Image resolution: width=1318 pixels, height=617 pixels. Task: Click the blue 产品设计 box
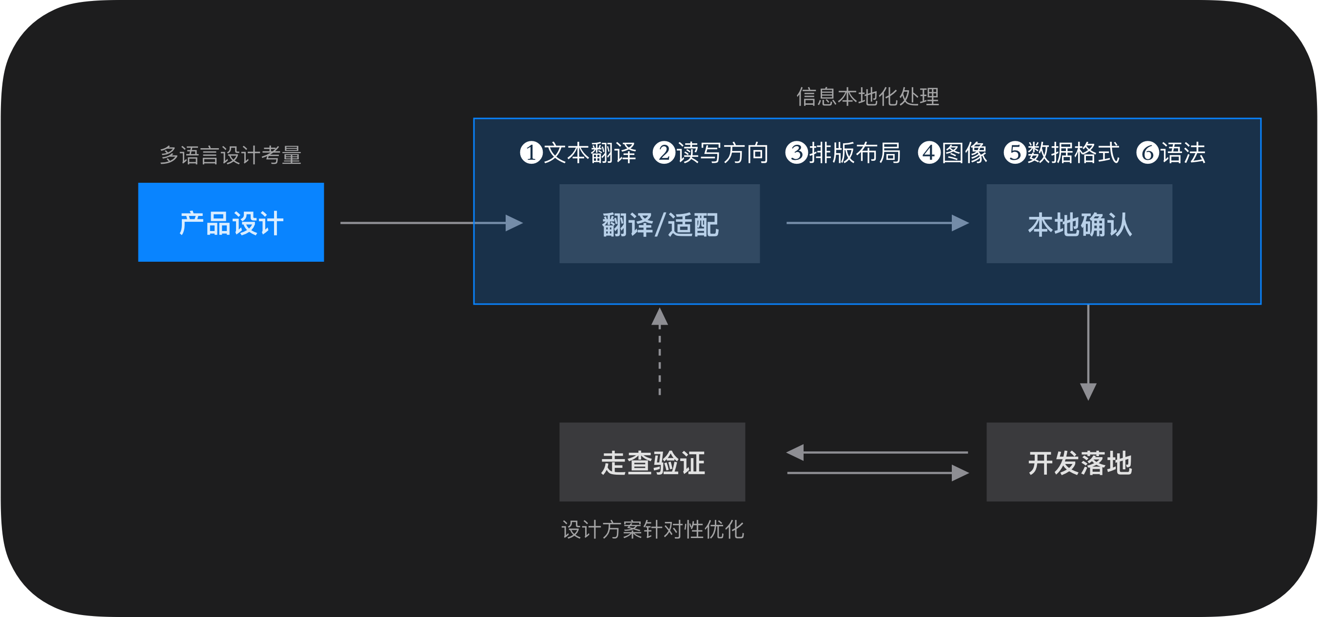231,222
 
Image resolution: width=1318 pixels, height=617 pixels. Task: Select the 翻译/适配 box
659,224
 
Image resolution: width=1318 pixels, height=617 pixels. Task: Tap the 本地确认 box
1079,224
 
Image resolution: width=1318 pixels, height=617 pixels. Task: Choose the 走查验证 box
652,462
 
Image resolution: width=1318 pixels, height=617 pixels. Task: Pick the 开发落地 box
1079,462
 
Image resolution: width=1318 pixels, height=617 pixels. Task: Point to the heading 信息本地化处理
867,96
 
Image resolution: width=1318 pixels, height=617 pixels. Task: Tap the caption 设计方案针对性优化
652,530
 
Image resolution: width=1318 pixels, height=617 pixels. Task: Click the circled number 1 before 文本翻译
531,153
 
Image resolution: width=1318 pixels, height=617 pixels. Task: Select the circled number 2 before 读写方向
664,153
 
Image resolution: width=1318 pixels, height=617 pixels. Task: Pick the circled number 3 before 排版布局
796,153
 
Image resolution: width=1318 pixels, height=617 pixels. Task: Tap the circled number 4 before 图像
928,153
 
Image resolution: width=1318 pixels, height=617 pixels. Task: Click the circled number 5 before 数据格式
1015,153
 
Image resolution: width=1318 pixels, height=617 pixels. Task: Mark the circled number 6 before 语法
1147,153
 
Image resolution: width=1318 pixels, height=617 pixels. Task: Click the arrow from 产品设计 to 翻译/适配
431,223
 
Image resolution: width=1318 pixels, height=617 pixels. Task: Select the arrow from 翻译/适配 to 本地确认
877,223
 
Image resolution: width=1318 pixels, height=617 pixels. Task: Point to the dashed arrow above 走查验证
660,353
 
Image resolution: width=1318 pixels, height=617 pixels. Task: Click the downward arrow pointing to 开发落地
1088,353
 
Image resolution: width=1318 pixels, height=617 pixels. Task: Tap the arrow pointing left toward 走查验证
877,452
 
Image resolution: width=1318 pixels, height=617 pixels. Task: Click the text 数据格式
1073,153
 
